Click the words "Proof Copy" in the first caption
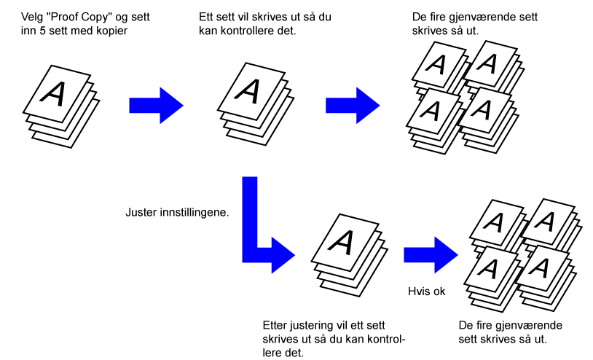pos(82,17)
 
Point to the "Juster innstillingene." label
pos(177,213)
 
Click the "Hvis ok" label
pos(427,291)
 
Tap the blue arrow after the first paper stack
pos(156,106)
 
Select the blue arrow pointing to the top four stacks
pos(353,106)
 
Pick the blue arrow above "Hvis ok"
pos(431,255)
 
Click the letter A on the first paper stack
pos(53,93)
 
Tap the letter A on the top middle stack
pos(248,91)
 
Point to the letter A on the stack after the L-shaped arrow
pos(341,242)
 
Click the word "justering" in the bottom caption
pos(312,326)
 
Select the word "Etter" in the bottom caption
pos(275,326)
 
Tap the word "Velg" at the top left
pos(32,17)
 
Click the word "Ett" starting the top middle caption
pos(205,17)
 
